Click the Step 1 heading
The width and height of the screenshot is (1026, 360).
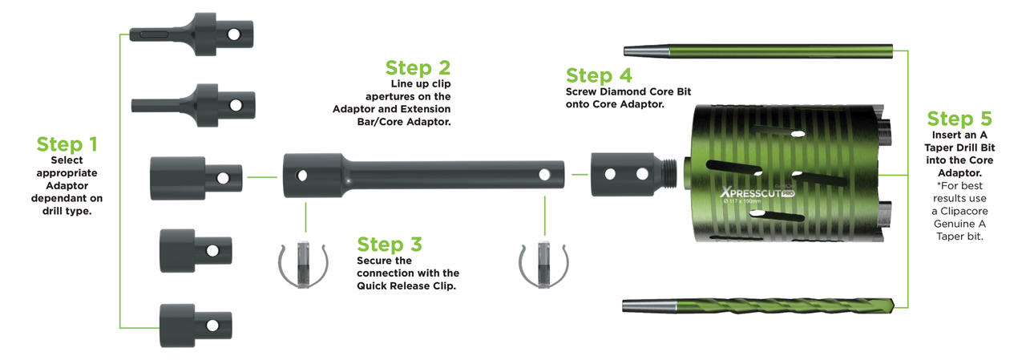click(x=67, y=144)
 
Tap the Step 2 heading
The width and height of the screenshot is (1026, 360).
click(x=418, y=68)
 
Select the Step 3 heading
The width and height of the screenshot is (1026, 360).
click(x=390, y=245)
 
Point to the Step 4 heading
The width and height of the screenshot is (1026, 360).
click(x=599, y=75)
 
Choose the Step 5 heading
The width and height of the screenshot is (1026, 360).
click(x=959, y=119)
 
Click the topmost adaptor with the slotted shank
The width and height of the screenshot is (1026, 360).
click(x=192, y=34)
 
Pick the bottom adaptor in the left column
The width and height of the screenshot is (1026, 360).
click(x=196, y=326)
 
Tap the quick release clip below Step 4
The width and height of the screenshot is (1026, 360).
click(x=543, y=265)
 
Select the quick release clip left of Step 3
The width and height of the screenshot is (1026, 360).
click(x=303, y=265)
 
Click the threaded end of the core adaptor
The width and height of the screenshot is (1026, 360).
click(x=669, y=175)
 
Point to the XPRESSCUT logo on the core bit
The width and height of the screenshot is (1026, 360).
click(x=757, y=192)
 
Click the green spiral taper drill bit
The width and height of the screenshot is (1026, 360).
click(x=757, y=306)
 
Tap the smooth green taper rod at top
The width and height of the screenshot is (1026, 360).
click(x=758, y=51)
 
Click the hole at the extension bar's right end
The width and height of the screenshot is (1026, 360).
click(x=544, y=175)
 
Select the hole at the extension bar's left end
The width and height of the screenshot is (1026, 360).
click(x=302, y=176)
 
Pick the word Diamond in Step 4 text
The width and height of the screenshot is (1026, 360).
click(x=623, y=91)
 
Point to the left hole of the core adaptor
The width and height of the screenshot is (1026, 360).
click(x=610, y=174)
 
